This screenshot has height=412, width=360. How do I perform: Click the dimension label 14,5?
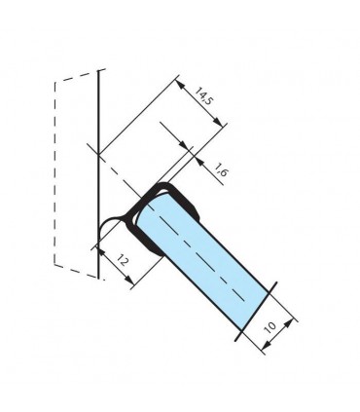click(x=202, y=95)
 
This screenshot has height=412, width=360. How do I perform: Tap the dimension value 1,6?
click(x=220, y=169)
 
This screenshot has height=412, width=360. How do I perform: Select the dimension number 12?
click(x=122, y=260)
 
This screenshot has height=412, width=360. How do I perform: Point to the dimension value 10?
click(x=270, y=327)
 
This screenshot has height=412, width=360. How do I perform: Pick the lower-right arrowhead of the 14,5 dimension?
click(x=219, y=123)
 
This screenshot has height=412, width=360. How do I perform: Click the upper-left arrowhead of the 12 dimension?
click(x=101, y=253)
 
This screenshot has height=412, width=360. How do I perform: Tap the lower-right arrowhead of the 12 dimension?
click(x=129, y=281)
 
